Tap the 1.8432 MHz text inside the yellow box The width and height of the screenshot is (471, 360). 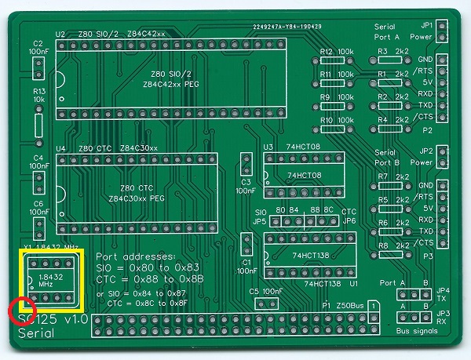coord(51,281)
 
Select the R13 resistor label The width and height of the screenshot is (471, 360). coord(38,92)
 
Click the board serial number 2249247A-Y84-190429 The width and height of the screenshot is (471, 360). coord(288,27)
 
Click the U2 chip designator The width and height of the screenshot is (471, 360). coord(60,35)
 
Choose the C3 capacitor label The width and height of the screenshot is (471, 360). coord(246,182)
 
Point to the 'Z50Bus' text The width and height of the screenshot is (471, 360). coord(349,304)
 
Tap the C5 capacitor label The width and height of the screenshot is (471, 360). coord(254,291)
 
